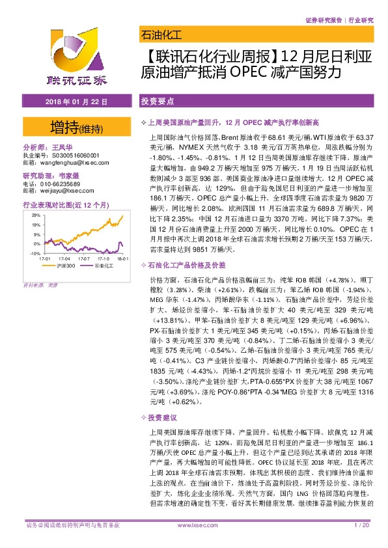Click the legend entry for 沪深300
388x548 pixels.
pos(60,266)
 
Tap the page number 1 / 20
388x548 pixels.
pos(361,525)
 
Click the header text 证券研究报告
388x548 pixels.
pos(324,21)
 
